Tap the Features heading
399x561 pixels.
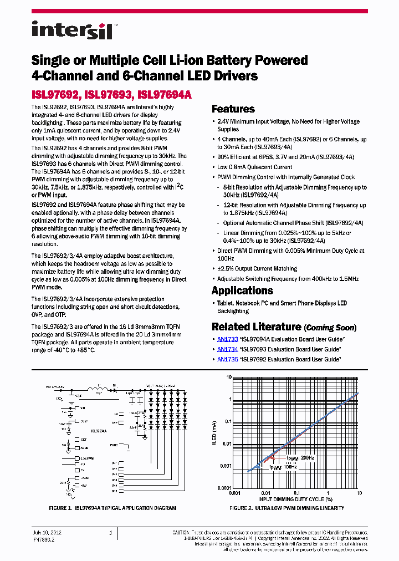pos(233,109)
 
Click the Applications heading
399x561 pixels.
pos(242,290)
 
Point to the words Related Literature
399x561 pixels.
pos(257,327)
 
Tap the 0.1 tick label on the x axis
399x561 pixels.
pos(297,492)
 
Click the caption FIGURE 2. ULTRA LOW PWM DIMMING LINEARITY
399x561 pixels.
pos(287,508)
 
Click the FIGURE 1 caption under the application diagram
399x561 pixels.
pos(112,508)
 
